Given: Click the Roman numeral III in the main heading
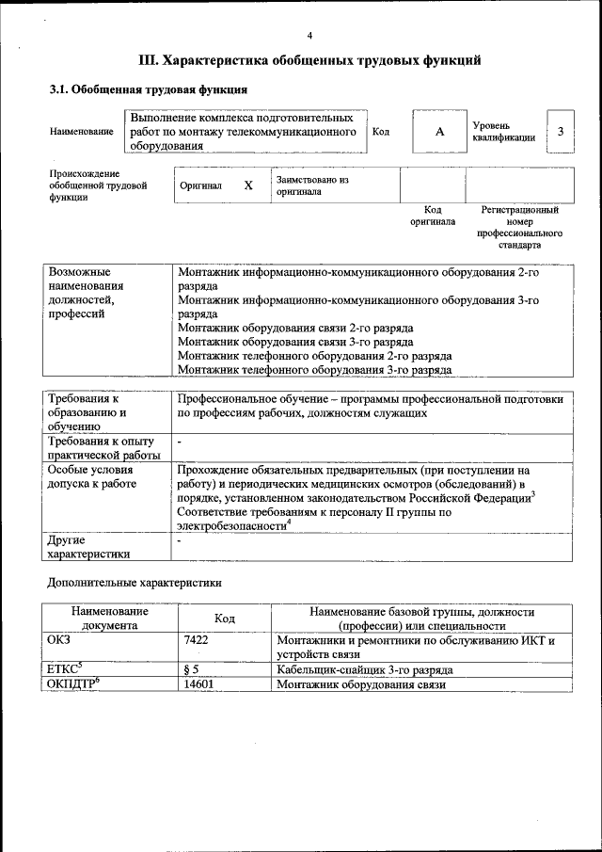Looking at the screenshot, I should tap(148, 61).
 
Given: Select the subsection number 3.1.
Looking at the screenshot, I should tap(59, 90).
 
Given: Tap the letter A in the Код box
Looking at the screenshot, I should tap(438, 132).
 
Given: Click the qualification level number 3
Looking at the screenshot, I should tap(561, 132).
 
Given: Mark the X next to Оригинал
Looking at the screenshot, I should tap(248, 185).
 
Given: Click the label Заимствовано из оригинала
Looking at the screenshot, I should tap(312, 185).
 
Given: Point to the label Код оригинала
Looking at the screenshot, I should tap(433, 216).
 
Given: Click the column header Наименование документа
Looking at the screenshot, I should tap(109, 619).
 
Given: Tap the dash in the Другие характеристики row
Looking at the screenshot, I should tap(180, 541).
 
